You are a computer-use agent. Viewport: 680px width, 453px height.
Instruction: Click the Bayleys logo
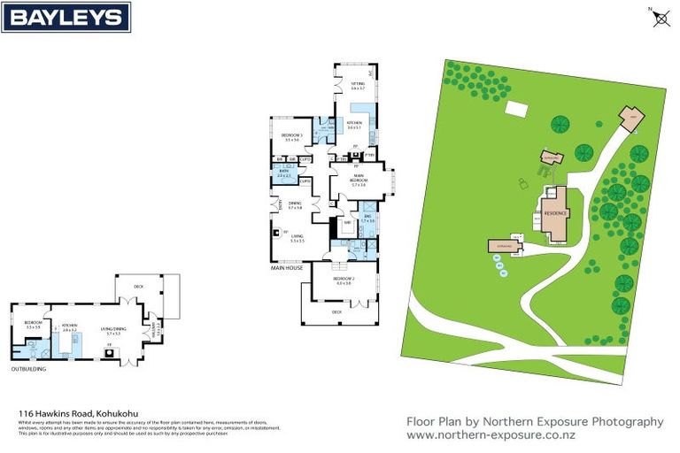coord(66,16)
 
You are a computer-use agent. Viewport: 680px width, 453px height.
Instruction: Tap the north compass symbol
coord(661,18)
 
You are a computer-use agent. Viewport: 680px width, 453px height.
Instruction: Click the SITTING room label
coord(357,86)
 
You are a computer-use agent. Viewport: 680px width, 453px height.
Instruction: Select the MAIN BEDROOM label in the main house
coord(358,181)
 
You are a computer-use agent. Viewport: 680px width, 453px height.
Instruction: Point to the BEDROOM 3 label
coord(291,137)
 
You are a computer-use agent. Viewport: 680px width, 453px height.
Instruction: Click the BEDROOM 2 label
coord(343,280)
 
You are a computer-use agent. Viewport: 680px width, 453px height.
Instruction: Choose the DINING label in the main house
coord(295,205)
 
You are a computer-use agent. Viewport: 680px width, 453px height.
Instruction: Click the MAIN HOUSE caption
coord(287,266)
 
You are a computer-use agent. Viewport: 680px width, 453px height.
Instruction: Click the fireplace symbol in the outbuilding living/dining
coord(109,351)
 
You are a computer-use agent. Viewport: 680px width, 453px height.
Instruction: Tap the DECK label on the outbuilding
coord(138,287)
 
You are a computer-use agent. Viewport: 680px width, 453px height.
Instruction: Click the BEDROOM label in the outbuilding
coord(33,325)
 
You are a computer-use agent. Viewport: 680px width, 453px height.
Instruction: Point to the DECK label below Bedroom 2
coord(336,312)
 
